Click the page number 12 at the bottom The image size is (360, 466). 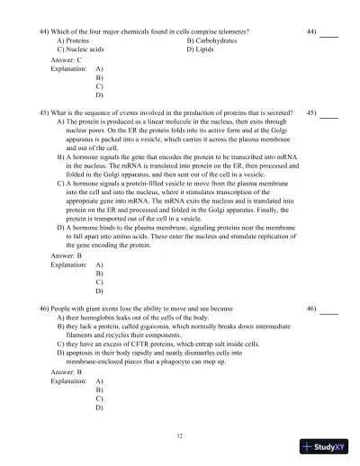click(180, 435)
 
